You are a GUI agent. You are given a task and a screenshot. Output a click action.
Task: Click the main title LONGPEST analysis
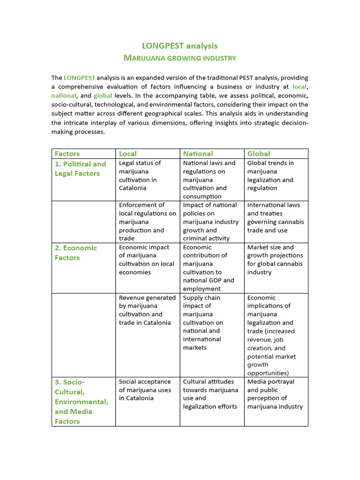coord(180,45)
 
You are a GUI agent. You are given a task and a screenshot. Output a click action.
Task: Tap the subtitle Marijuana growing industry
coord(180,58)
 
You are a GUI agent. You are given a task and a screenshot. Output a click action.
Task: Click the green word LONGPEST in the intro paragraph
coord(79,77)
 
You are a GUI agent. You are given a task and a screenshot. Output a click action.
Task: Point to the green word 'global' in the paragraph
coord(103,95)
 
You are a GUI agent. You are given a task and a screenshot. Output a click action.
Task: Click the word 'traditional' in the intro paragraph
coord(219,77)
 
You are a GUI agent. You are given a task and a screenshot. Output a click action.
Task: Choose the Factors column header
coord(67,154)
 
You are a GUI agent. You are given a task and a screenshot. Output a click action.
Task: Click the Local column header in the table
coord(128,154)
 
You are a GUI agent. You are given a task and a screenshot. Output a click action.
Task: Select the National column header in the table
coord(198,154)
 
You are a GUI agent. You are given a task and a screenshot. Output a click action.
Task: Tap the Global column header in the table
coord(258,154)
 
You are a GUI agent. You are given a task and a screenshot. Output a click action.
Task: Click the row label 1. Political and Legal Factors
coord(81,169)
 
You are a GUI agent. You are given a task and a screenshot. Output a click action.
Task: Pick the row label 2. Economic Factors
coord(75,253)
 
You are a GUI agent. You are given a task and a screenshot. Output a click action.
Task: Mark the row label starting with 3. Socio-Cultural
coord(81,401)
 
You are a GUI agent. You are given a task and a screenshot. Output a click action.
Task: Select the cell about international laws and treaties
coord(275,217)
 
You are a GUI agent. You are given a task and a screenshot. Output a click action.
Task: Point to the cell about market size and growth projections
coord(275,260)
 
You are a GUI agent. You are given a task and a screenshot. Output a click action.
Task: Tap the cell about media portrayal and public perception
coord(275,394)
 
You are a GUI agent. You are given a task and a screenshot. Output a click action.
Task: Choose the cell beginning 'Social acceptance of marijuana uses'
coord(145,390)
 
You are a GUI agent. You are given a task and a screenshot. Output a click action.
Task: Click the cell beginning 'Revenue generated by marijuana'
coord(147,310)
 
